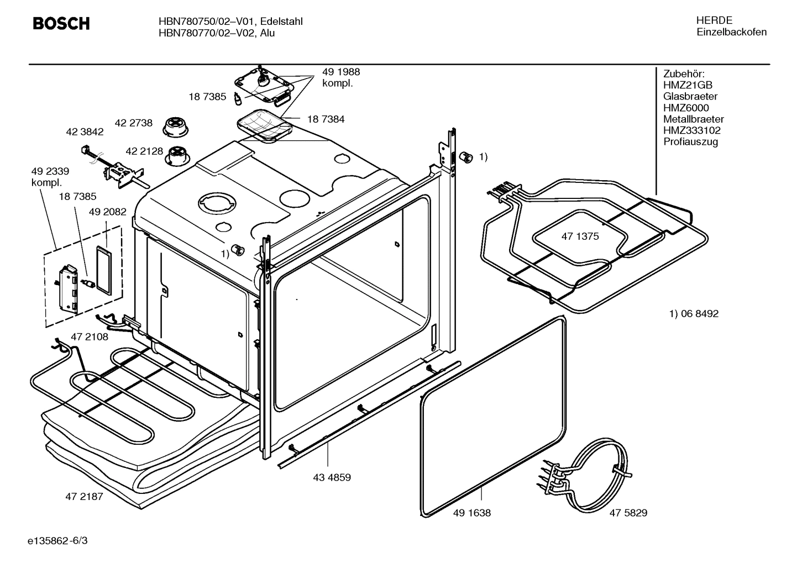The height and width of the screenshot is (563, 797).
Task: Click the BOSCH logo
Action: [x=61, y=24]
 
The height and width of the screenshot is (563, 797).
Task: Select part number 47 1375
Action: [x=580, y=236]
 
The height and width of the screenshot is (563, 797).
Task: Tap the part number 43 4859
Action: [x=332, y=477]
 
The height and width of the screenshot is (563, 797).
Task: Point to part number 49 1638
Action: [x=471, y=513]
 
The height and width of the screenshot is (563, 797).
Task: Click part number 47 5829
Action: [x=628, y=513]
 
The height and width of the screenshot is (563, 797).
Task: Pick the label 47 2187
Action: [x=84, y=496]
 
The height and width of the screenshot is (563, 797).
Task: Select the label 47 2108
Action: [x=90, y=336]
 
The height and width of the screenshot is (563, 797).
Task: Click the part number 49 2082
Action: [x=108, y=212]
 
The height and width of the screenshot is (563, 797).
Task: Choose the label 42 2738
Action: [x=133, y=123]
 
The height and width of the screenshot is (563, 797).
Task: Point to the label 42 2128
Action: [x=144, y=151]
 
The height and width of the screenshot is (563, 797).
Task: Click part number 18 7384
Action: [x=326, y=119]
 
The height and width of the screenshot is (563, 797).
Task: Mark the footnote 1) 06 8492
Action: [x=694, y=314]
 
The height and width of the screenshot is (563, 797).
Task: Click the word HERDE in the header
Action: [x=714, y=20]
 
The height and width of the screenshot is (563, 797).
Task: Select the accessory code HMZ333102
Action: [x=691, y=130]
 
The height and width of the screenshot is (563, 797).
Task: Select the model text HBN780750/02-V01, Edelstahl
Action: [x=230, y=22]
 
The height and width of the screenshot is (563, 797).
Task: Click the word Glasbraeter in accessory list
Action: [x=690, y=97]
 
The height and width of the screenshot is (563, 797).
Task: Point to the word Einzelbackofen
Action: [x=731, y=32]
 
